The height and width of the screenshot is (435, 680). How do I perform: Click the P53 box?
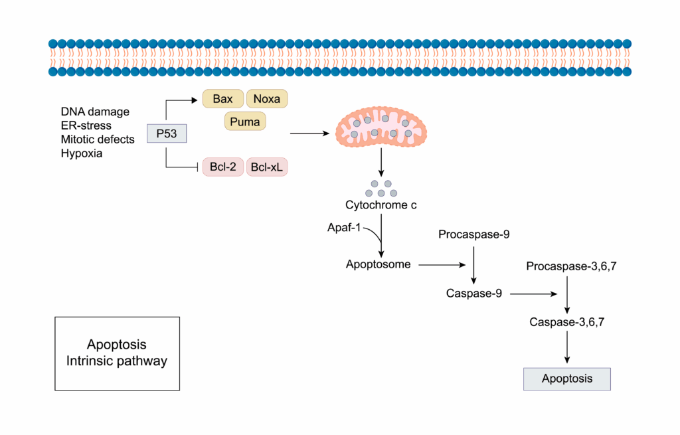(x=166, y=133)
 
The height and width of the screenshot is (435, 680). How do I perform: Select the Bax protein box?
(x=222, y=100)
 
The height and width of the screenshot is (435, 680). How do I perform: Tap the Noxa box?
(x=267, y=100)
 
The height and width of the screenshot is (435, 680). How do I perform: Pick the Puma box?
(x=244, y=122)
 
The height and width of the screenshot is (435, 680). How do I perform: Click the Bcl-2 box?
(x=222, y=167)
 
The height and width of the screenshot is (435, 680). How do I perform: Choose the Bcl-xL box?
(x=267, y=167)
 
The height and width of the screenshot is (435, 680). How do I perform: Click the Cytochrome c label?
(x=381, y=205)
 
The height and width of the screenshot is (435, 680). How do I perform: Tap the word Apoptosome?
(x=378, y=264)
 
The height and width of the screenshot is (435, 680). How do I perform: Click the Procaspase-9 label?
(x=473, y=234)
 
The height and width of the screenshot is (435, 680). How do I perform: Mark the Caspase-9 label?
(x=473, y=292)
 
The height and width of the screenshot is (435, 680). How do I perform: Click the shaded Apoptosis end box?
(x=566, y=379)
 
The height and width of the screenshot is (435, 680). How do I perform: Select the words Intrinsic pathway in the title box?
(x=117, y=361)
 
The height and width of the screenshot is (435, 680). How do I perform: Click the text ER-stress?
(x=86, y=125)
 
